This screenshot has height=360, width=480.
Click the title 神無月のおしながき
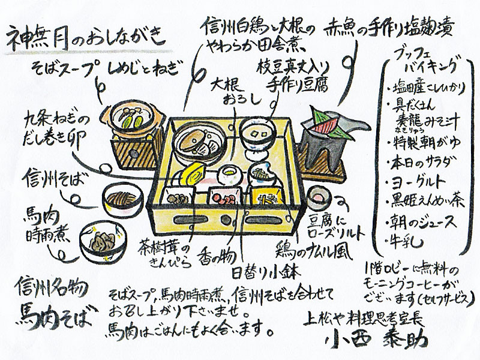click(84, 40)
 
